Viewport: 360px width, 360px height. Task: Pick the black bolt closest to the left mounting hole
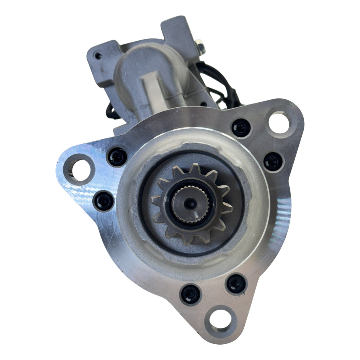tap(117, 156)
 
